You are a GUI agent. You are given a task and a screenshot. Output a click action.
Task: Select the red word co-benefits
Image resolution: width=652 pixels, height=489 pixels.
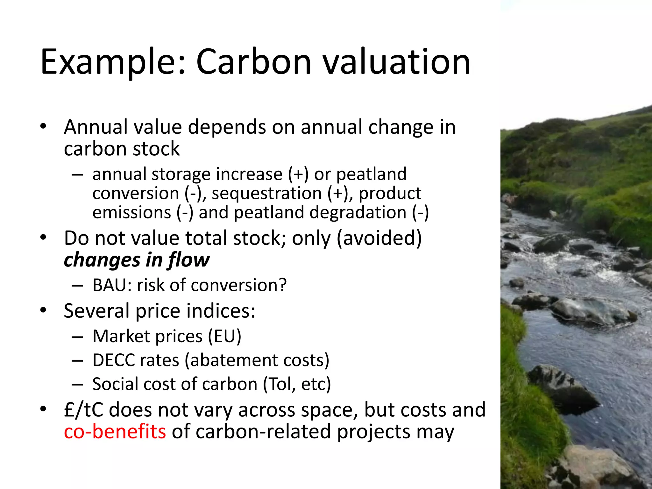pyautogui.click(x=115, y=432)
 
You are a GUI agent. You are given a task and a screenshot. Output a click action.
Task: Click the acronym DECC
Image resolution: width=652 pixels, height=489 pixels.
pyautogui.click(x=113, y=360)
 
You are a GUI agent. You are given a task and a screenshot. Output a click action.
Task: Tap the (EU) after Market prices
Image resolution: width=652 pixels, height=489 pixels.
pyautogui.click(x=224, y=337)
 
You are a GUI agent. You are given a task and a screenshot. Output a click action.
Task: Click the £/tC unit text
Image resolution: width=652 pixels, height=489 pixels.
pyautogui.click(x=83, y=410)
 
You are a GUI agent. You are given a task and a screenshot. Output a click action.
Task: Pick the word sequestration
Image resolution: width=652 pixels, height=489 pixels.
pyautogui.click(x=267, y=194)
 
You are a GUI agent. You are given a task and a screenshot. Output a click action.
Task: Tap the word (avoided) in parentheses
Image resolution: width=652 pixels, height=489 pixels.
pyautogui.click(x=379, y=238)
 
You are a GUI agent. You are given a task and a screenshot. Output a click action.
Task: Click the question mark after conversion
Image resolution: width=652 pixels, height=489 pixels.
pyautogui.click(x=282, y=285)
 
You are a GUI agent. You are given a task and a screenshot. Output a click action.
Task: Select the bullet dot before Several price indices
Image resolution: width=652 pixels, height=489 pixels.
pyautogui.click(x=44, y=310)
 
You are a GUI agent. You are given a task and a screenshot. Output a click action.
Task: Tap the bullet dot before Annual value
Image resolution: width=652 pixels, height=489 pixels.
pyautogui.click(x=44, y=126)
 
